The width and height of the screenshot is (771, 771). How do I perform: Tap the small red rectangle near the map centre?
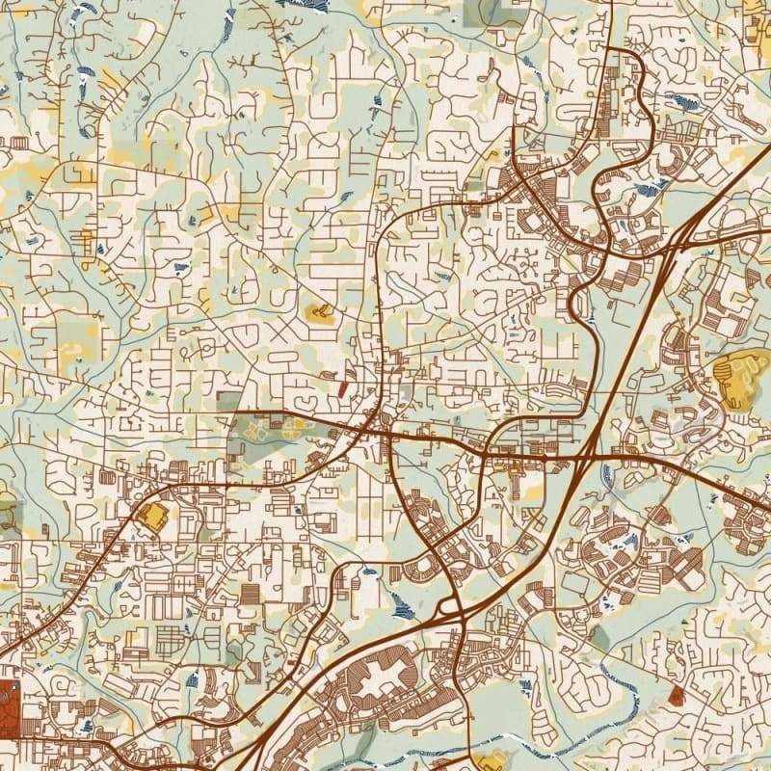[342, 388]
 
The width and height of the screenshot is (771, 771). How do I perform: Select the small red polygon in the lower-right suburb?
[676, 695]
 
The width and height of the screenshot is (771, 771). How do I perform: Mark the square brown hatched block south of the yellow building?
[251, 594]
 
